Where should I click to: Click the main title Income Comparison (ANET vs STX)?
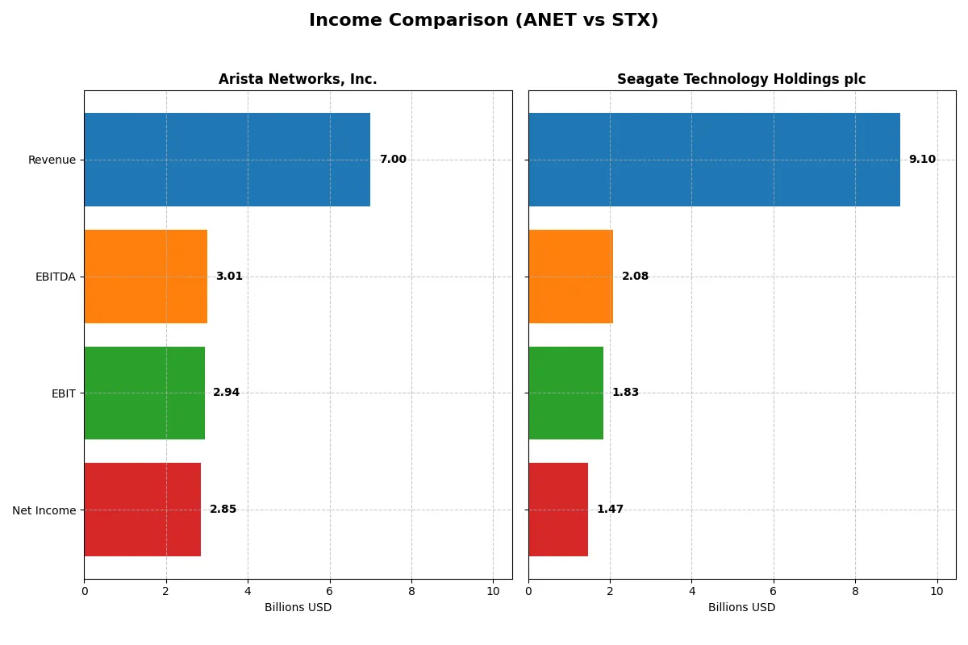(x=483, y=21)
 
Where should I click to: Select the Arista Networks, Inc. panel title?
(x=298, y=79)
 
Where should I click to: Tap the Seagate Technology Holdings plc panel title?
(x=741, y=79)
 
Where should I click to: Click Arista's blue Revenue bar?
(x=227, y=160)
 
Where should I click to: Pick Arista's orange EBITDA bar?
(x=145, y=277)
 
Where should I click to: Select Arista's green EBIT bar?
(x=144, y=393)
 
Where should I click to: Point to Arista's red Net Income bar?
(x=142, y=510)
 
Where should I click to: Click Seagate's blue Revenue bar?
(x=714, y=160)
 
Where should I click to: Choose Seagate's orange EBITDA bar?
(x=570, y=277)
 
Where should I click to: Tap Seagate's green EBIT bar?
(x=565, y=393)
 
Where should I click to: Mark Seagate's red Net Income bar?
(x=558, y=510)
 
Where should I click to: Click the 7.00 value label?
(x=393, y=160)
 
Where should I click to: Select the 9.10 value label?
(x=922, y=160)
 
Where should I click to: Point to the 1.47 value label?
(x=610, y=510)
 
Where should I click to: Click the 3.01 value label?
(x=229, y=277)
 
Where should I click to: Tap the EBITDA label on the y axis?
(x=55, y=277)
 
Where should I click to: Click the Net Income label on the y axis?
(x=44, y=510)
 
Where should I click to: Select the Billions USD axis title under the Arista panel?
(x=298, y=607)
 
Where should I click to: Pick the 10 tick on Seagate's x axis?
(x=937, y=591)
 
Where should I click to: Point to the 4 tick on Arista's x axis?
(x=248, y=591)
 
